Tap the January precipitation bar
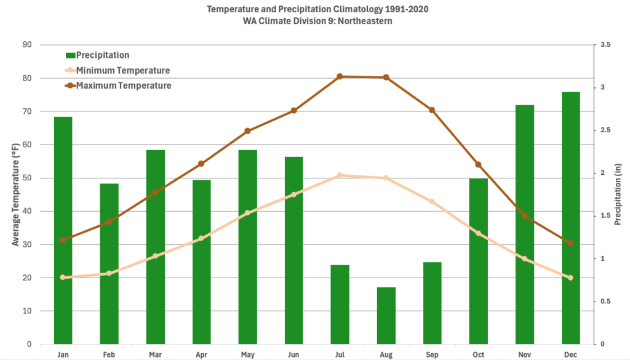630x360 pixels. tap(63, 230)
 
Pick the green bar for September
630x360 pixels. tap(432, 303)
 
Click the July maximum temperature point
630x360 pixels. tap(340, 76)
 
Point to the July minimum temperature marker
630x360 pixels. tap(340, 175)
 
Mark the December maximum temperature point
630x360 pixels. tap(570, 243)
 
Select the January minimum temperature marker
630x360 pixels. tap(63, 278)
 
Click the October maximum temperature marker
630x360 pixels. tap(478, 164)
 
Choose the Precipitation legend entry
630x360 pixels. tap(102, 55)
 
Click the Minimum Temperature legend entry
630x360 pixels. tap(122, 71)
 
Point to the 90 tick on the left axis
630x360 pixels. tap(27, 45)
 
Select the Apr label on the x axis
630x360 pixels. tap(201, 354)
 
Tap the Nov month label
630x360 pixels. tap(524, 354)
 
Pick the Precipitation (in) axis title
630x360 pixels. tap(618, 194)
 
